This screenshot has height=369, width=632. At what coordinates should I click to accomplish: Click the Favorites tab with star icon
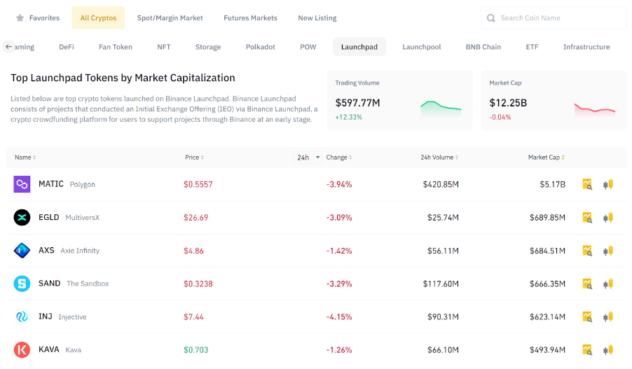pos(38,18)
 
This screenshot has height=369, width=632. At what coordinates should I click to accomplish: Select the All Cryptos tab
pos(98,18)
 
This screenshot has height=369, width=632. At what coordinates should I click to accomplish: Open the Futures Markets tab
pos(250,18)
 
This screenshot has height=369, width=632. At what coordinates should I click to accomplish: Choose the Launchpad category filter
pos(359,47)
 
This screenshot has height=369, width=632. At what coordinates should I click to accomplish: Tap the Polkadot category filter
pos(260,47)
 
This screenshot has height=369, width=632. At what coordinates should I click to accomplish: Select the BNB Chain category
pos(483,47)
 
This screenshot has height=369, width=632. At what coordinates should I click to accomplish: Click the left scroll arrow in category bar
pos(8,47)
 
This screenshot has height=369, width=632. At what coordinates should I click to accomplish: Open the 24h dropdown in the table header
pos(308,158)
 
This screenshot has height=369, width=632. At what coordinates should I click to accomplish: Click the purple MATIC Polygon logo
pos(22,184)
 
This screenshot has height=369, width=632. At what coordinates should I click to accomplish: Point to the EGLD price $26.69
pos(195,218)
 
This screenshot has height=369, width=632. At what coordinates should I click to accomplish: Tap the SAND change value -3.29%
pos(339,284)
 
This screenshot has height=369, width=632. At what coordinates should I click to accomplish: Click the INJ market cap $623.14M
pos(547,316)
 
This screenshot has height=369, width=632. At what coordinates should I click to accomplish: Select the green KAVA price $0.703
pos(195,349)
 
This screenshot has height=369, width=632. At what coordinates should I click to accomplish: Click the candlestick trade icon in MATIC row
pos(608,184)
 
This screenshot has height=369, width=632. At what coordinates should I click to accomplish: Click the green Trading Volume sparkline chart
pos(441,107)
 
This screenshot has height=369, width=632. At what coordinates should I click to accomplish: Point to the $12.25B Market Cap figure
pos(508,103)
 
